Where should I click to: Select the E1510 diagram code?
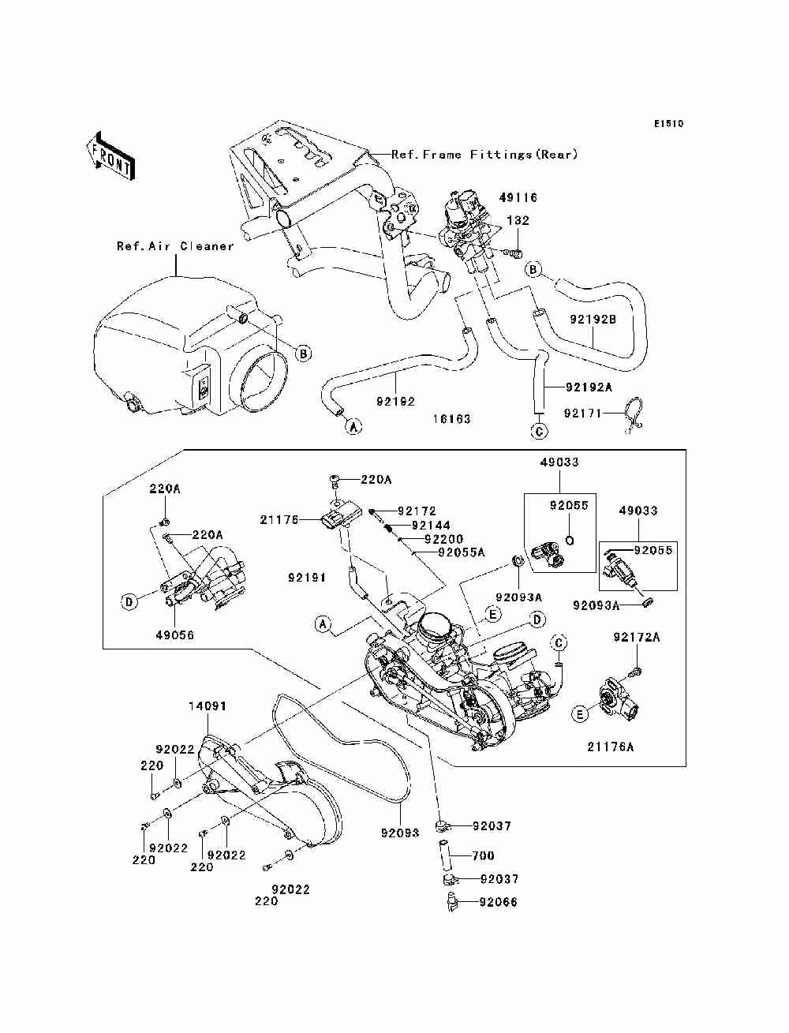668,124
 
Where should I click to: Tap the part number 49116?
518,197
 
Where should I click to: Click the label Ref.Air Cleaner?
175,246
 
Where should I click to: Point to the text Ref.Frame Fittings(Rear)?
484,155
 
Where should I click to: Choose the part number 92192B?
593,320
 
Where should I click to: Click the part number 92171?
583,414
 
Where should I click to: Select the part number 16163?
451,419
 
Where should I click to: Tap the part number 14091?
208,706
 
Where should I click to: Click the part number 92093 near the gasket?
400,833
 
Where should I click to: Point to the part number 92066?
498,902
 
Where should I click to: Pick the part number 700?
483,855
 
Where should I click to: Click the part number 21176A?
610,747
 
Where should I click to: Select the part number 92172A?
637,637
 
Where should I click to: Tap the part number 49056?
175,634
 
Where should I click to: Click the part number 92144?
431,526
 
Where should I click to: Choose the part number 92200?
444,539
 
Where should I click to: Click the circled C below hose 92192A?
539,431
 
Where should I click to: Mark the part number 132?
518,220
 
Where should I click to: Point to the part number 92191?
307,578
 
